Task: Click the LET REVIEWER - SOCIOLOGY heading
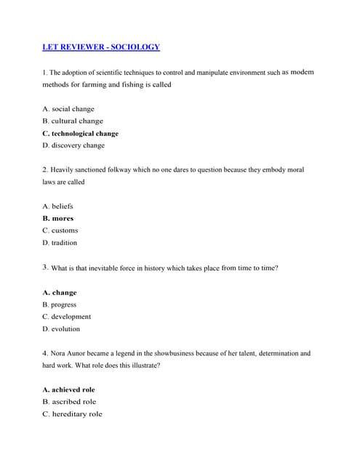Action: [101, 47]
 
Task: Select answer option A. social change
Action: [68, 109]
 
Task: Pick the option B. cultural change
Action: [73, 121]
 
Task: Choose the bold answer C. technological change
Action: [80, 134]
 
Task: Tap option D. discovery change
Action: [73, 145]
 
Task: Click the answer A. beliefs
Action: [58, 206]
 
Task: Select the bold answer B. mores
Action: [58, 219]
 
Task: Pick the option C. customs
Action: [60, 230]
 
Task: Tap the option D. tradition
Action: [60, 243]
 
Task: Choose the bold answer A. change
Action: [60, 293]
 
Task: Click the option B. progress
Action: [60, 304]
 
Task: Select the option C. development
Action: [67, 317]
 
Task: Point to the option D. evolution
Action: [61, 329]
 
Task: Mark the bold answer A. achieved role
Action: [69, 389]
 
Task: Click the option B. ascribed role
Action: [69, 402]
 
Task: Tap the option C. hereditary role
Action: [72, 414]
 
